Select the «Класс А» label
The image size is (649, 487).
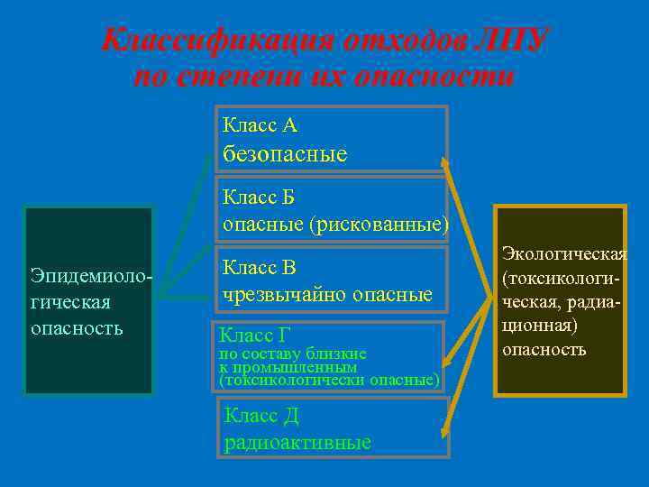point(260,124)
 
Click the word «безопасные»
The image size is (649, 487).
point(285,154)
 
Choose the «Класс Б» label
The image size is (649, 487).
point(259,197)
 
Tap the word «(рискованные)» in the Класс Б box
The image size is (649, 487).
point(378,223)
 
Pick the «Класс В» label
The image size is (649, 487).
point(260,267)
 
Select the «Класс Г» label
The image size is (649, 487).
point(255,335)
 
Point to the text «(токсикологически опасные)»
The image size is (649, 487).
point(329,381)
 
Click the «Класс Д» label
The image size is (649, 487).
point(261,416)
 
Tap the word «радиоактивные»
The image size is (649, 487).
point(297,442)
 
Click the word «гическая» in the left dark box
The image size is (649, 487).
point(70,300)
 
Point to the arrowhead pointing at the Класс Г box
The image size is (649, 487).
point(449,364)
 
